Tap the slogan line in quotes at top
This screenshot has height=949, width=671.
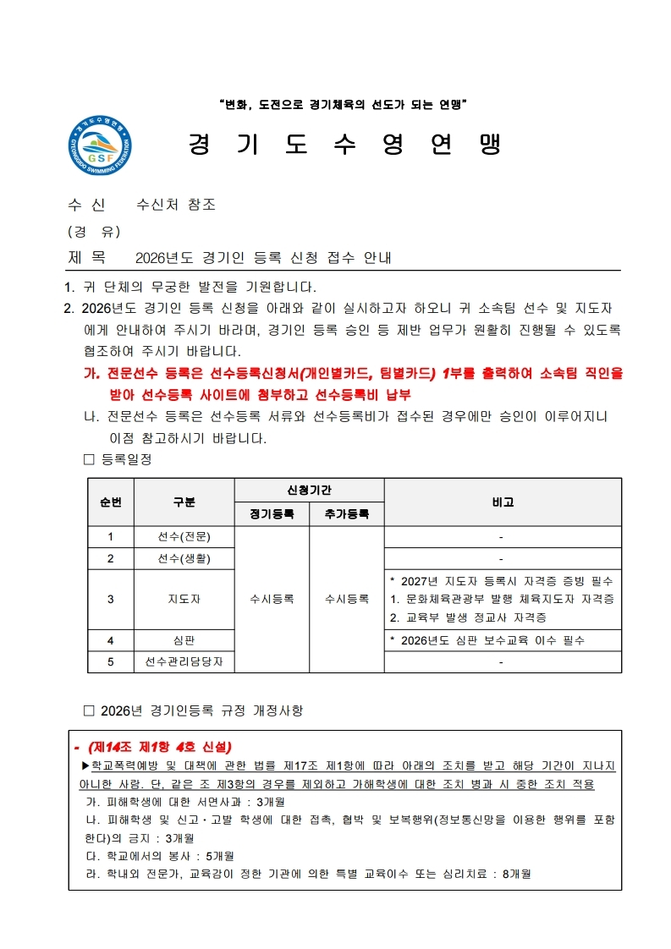coord(343,105)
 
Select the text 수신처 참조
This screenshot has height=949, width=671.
coord(176,205)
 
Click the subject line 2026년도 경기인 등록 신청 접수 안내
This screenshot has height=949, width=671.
coord(263,257)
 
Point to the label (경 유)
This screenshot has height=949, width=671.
coord(93,231)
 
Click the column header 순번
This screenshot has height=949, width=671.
coord(111,502)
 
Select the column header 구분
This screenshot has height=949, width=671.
coord(184,502)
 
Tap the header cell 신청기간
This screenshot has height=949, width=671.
coord(309,491)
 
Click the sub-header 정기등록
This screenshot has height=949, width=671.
coord(272,513)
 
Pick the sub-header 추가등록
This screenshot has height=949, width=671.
coord(347,513)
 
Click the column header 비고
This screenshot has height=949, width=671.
coord(503,502)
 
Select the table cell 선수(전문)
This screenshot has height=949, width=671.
coord(184,536)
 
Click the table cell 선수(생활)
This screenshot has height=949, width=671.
coord(184,558)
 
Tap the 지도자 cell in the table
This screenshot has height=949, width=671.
coord(184,599)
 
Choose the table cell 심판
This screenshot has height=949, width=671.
coord(184,640)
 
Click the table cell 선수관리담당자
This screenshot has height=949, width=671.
coord(184,661)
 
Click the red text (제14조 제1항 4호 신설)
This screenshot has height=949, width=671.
coord(159,747)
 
